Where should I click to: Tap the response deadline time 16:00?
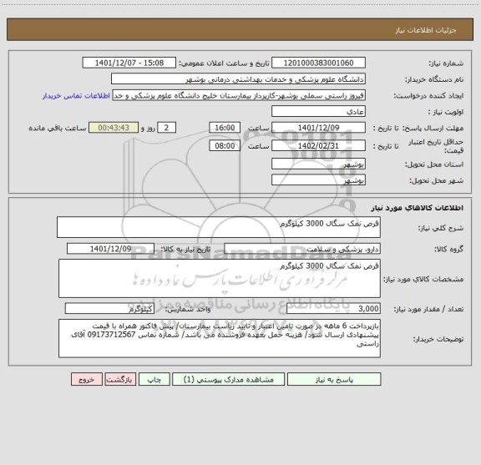(224, 127)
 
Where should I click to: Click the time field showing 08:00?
(224, 144)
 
